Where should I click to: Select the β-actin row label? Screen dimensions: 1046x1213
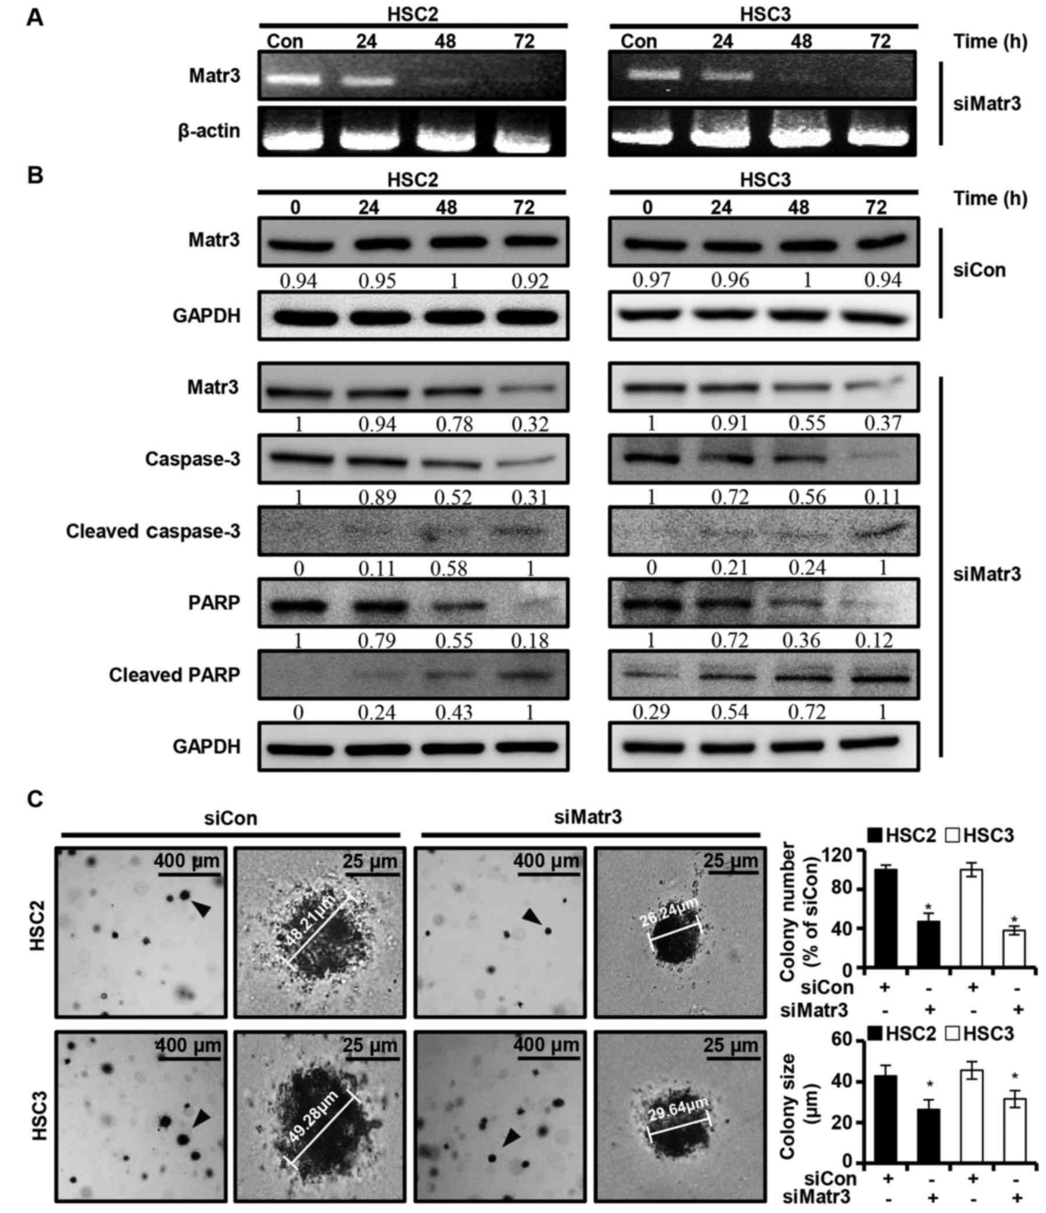pyautogui.click(x=209, y=131)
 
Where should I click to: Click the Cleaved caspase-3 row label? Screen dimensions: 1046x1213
pyautogui.click(x=153, y=532)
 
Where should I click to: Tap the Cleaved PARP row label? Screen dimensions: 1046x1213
pyautogui.click(x=175, y=675)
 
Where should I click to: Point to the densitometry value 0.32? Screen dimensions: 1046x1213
pyautogui.click(x=530, y=423)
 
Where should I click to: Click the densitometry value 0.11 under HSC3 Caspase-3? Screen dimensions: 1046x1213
pyautogui.click(x=883, y=497)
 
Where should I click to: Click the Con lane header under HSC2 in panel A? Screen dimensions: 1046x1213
pyautogui.click(x=284, y=41)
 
